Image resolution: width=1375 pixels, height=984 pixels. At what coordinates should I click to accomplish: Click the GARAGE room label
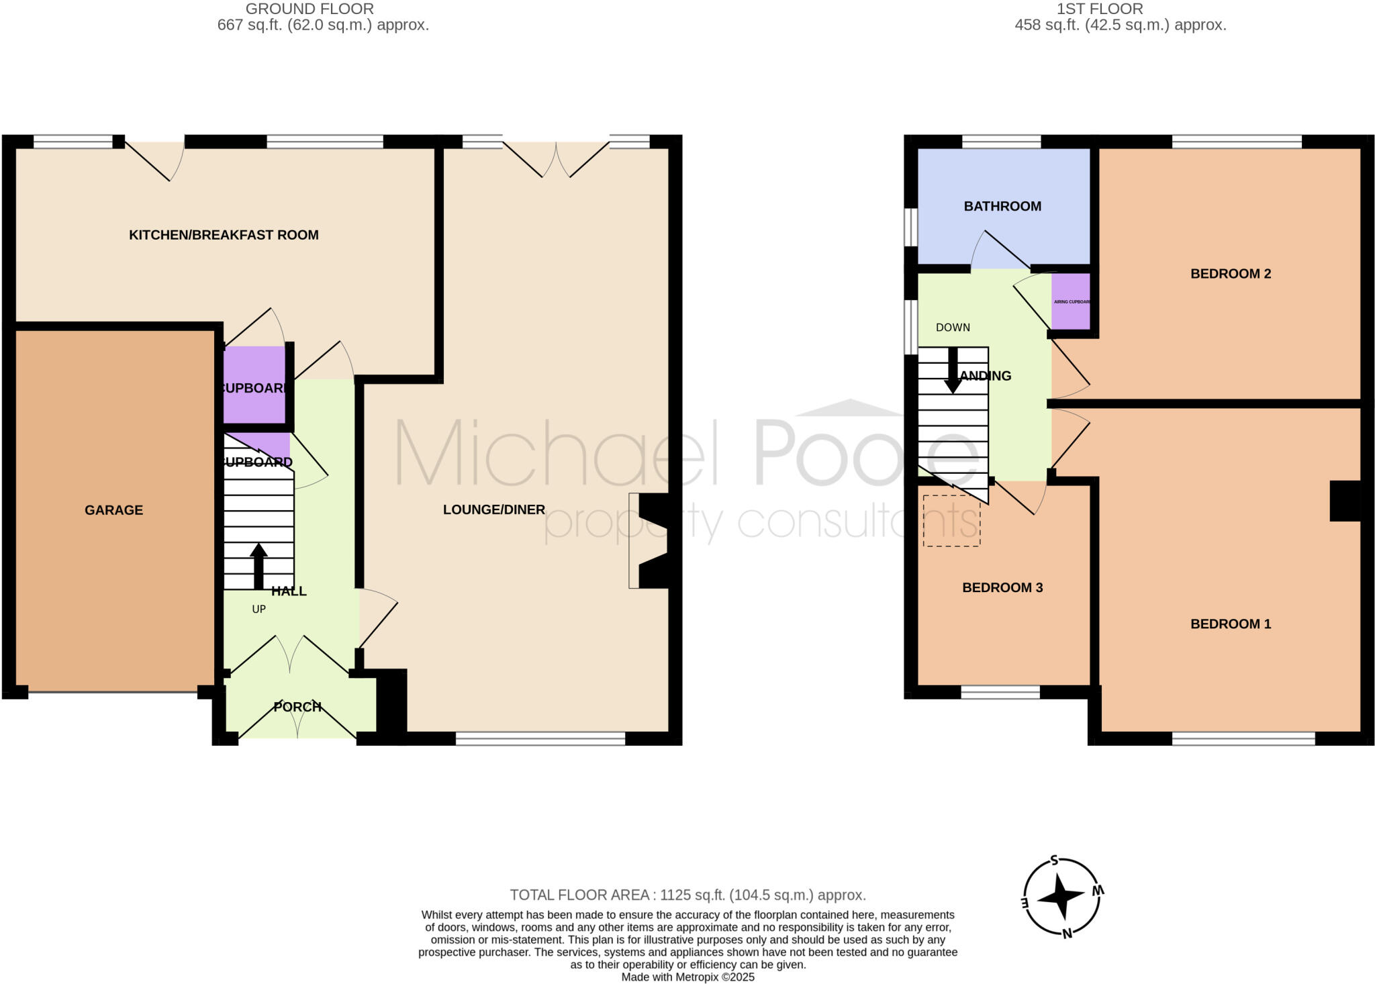coord(113,510)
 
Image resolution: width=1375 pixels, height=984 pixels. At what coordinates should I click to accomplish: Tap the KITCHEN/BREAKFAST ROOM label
coord(224,235)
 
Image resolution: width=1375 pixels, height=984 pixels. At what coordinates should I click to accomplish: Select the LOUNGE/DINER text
coord(493,510)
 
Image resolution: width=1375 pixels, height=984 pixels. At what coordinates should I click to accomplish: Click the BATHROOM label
coord(1002,207)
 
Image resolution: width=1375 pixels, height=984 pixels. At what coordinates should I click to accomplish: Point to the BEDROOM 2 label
coord(1231,274)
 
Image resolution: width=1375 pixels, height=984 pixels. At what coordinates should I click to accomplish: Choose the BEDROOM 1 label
coord(1231,624)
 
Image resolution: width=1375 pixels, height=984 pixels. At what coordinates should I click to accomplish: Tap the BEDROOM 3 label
coord(1002,588)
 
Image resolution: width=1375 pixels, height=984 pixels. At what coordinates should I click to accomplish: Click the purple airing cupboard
coord(1070,301)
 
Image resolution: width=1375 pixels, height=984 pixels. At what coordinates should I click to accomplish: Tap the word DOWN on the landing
coord(953,328)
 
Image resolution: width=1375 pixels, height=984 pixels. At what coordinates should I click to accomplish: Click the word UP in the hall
coord(258,609)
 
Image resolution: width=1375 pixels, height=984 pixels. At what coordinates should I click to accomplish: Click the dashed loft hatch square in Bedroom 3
coord(951,521)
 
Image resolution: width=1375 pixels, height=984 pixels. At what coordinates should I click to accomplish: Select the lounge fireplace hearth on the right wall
coord(634,541)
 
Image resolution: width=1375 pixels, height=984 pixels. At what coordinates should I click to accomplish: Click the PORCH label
coord(297,707)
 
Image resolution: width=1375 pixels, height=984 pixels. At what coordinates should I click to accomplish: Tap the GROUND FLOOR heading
coord(310,9)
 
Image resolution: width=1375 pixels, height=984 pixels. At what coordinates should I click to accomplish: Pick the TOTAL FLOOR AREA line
coord(687,895)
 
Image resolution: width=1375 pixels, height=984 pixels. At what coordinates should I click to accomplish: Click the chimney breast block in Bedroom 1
coord(1345,501)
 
